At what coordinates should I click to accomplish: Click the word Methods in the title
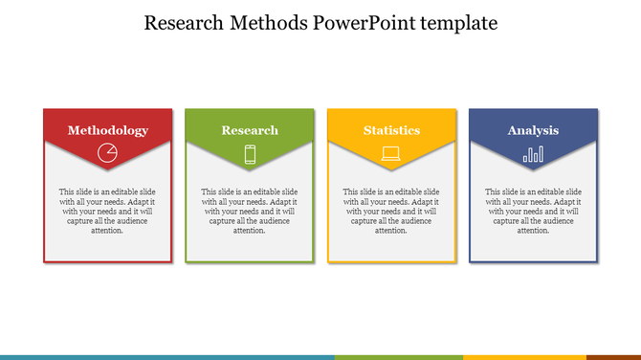[270, 23]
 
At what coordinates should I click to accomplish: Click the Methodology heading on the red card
[108, 130]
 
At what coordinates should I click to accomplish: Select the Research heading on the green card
[250, 130]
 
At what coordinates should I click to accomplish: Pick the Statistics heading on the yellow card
[391, 130]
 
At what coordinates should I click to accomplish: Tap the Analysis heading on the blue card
[533, 130]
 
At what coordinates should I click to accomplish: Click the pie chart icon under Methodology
[108, 152]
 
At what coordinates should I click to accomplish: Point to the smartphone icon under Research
[250, 153]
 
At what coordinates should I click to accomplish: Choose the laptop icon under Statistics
[391, 153]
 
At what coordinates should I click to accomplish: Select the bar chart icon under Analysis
[533, 153]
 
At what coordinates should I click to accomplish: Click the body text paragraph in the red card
[108, 211]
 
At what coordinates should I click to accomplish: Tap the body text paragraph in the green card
[250, 211]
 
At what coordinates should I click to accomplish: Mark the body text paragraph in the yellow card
[391, 211]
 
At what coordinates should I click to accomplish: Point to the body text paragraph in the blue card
[533, 211]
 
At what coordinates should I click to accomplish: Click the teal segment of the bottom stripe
[167, 357]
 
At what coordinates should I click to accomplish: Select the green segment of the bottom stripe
[398, 357]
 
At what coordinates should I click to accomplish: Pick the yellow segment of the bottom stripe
[524, 357]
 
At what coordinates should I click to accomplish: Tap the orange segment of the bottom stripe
[613, 357]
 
